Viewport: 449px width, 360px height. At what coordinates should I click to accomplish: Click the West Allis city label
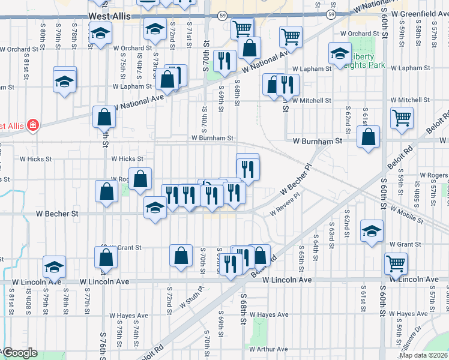[109, 17]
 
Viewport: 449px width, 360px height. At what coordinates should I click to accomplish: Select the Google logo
[19, 353]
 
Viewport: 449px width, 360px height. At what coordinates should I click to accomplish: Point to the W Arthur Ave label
[273, 349]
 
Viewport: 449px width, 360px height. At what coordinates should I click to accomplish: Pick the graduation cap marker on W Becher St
[155, 208]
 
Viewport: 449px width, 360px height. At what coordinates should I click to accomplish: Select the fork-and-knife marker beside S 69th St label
[224, 61]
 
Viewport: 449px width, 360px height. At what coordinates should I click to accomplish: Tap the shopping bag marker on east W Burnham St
[368, 137]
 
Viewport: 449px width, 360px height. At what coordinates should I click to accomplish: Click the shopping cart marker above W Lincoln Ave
[396, 263]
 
